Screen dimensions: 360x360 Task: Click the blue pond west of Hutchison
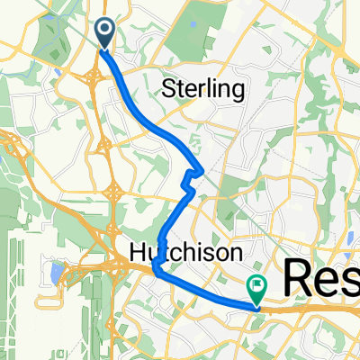(59, 270)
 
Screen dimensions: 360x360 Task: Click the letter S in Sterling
(166, 88)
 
